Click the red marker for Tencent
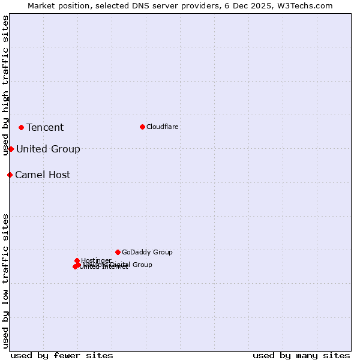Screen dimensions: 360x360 (21, 127)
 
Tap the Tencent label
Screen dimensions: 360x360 (45, 127)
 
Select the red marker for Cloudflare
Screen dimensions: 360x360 (142, 127)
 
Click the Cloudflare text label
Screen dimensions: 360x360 (162, 127)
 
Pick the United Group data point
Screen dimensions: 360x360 (11, 149)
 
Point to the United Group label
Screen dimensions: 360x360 (48, 149)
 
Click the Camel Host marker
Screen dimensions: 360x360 (10, 175)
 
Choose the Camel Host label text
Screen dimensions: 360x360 (43, 175)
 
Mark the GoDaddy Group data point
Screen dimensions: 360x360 (118, 252)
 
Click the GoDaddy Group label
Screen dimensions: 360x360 (147, 252)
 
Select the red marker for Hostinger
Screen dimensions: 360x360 (77, 260)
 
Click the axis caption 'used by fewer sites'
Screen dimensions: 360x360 (62, 355)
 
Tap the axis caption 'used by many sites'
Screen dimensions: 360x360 (301, 355)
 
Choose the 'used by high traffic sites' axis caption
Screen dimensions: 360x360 (5, 85)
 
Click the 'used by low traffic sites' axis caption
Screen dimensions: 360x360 (5, 280)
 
